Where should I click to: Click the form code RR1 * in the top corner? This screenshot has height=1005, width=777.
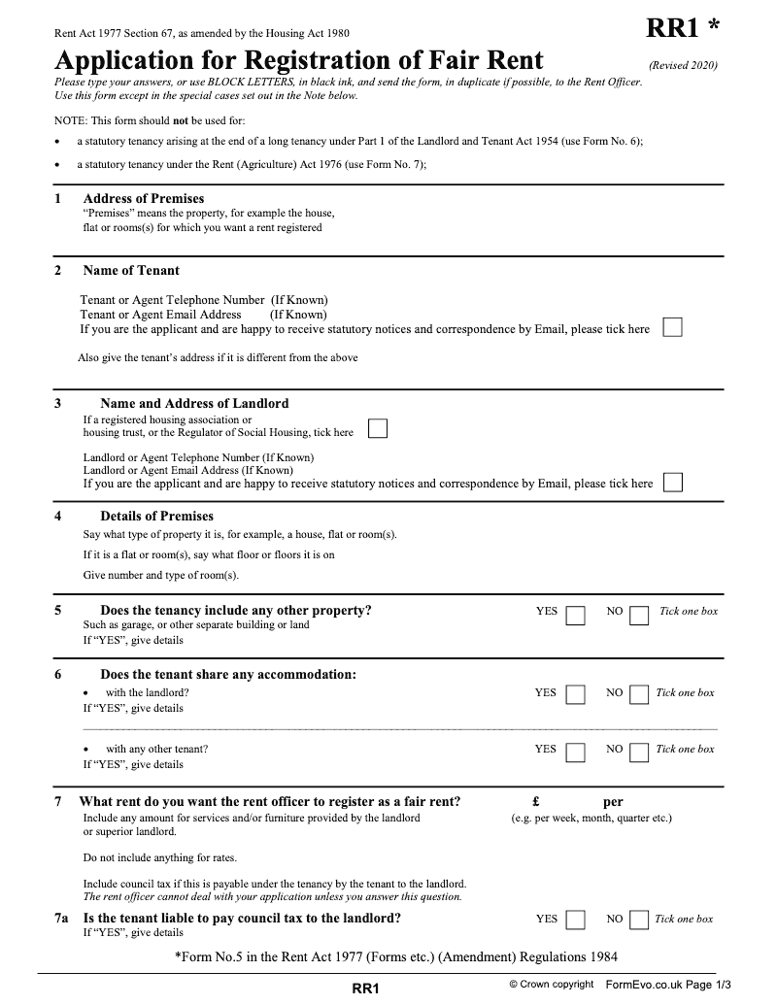(683, 30)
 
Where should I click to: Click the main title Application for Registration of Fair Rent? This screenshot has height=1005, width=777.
(299, 61)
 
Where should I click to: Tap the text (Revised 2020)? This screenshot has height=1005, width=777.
(683, 65)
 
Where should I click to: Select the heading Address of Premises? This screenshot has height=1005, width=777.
(144, 199)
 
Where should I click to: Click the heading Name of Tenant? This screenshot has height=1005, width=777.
(131, 271)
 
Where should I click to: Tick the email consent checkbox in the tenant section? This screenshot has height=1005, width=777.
(672, 328)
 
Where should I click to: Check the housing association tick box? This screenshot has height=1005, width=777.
(378, 429)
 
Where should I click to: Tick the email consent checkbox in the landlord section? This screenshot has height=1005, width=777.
(672, 483)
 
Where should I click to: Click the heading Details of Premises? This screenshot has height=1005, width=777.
(156, 517)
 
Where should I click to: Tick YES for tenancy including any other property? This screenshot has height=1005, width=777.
(576, 616)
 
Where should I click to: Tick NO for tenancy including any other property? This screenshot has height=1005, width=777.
(639, 616)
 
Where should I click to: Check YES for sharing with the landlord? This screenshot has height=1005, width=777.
(576, 695)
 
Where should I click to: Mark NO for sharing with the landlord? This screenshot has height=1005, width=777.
(639, 695)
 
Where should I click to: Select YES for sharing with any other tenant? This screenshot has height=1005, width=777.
(576, 753)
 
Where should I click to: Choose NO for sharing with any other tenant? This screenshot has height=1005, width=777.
(639, 753)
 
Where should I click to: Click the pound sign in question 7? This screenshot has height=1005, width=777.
(536, 802)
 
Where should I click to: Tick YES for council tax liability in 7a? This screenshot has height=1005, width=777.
(576, 920)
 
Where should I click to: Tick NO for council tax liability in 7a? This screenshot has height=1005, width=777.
(639, 920)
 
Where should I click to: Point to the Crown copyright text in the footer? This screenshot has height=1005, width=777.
(551, 985)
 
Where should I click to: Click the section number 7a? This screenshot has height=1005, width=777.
(63, 918)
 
